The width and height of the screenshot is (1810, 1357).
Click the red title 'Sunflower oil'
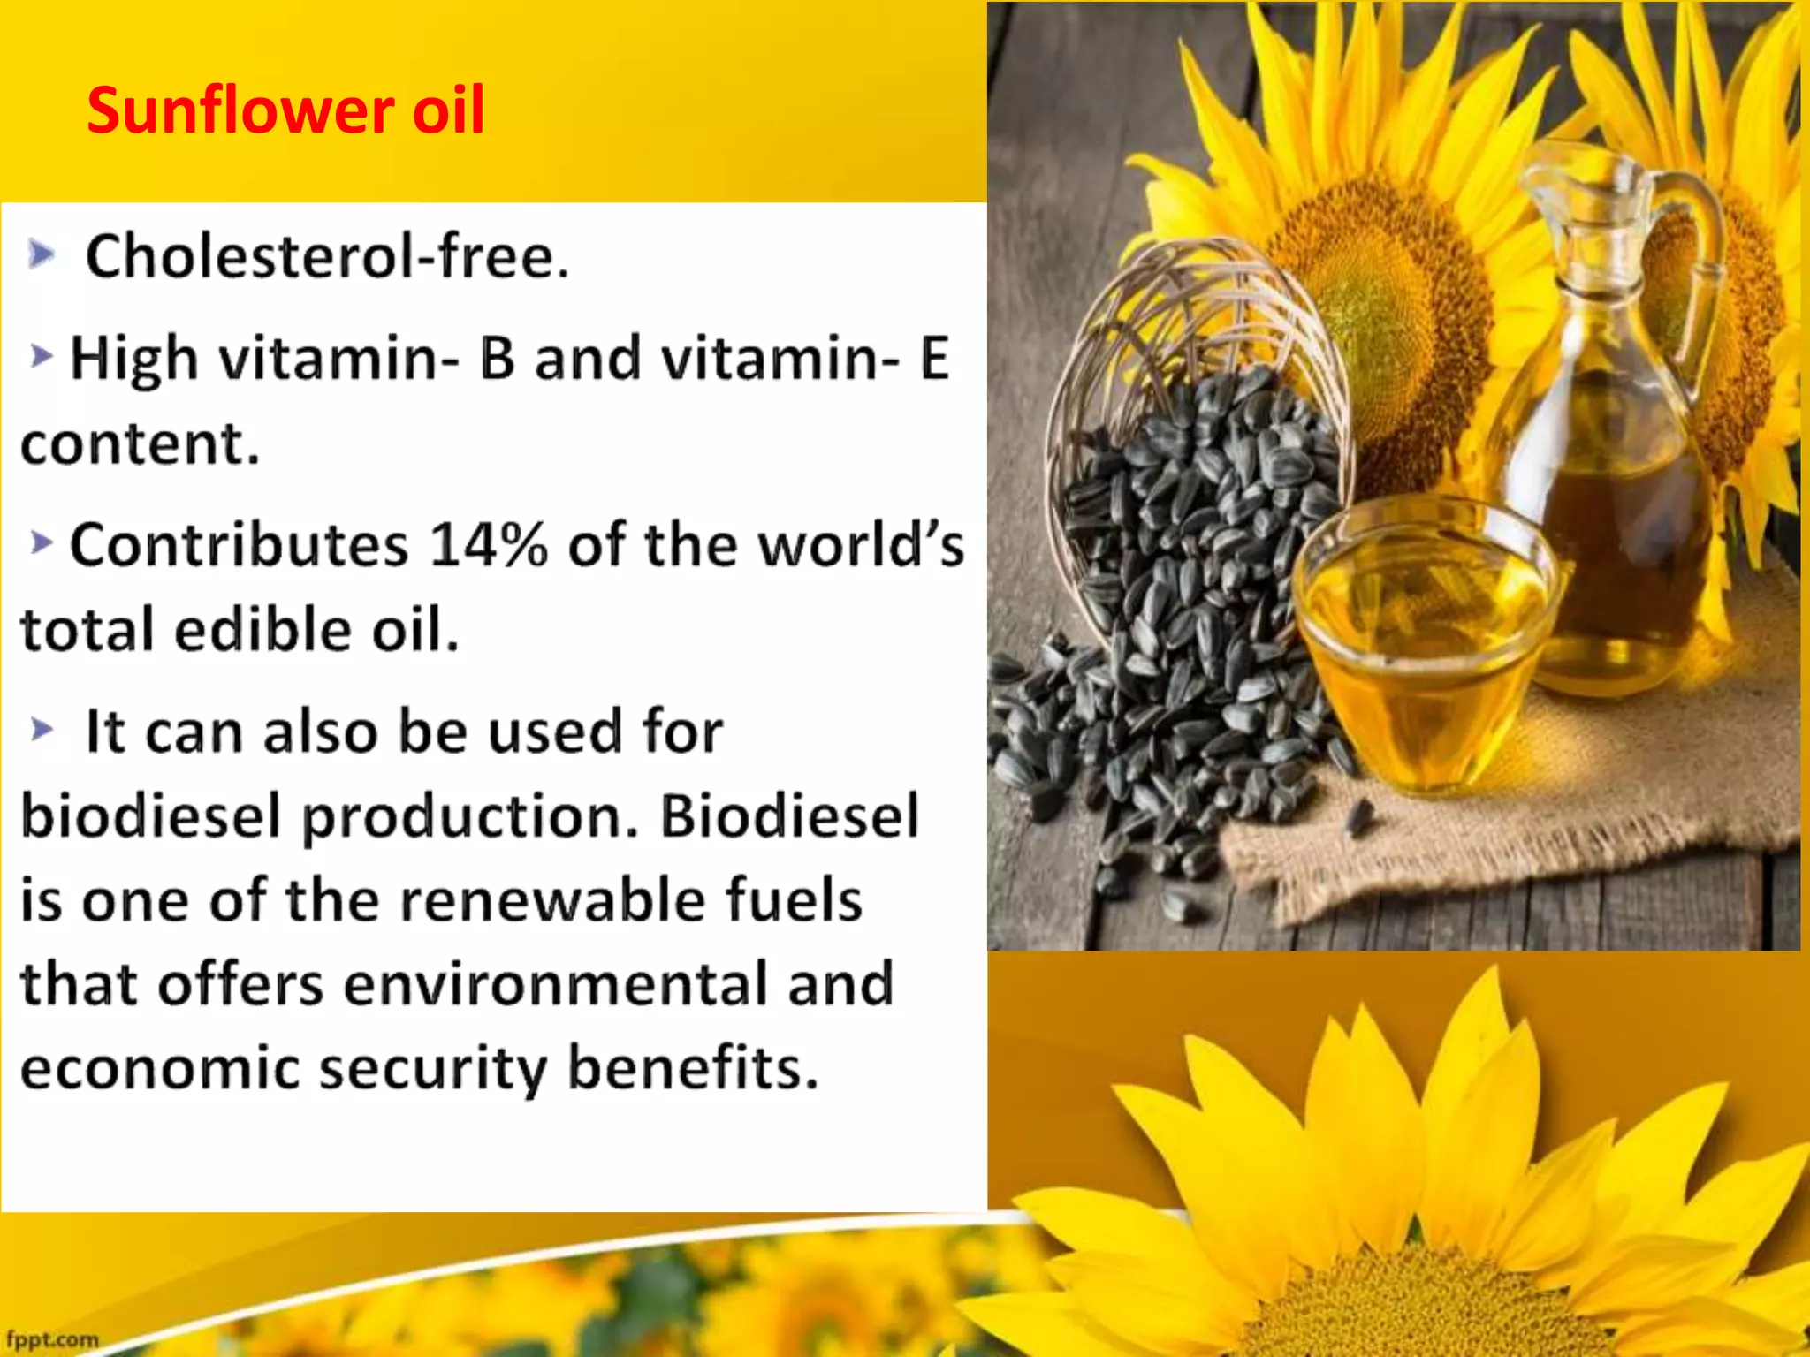click(285, 110)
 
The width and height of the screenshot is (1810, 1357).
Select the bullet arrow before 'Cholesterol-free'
click(41, 255)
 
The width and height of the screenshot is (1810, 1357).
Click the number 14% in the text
click(488, 544)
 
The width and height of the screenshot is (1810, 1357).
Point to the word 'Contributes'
click(239, 544)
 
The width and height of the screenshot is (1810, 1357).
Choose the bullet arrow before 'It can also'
click(42, 731)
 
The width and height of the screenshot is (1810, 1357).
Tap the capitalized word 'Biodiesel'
click(789, 815)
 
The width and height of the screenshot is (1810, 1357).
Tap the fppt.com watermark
click(53, 1339)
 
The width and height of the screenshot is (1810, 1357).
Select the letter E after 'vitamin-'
click(934, 359)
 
